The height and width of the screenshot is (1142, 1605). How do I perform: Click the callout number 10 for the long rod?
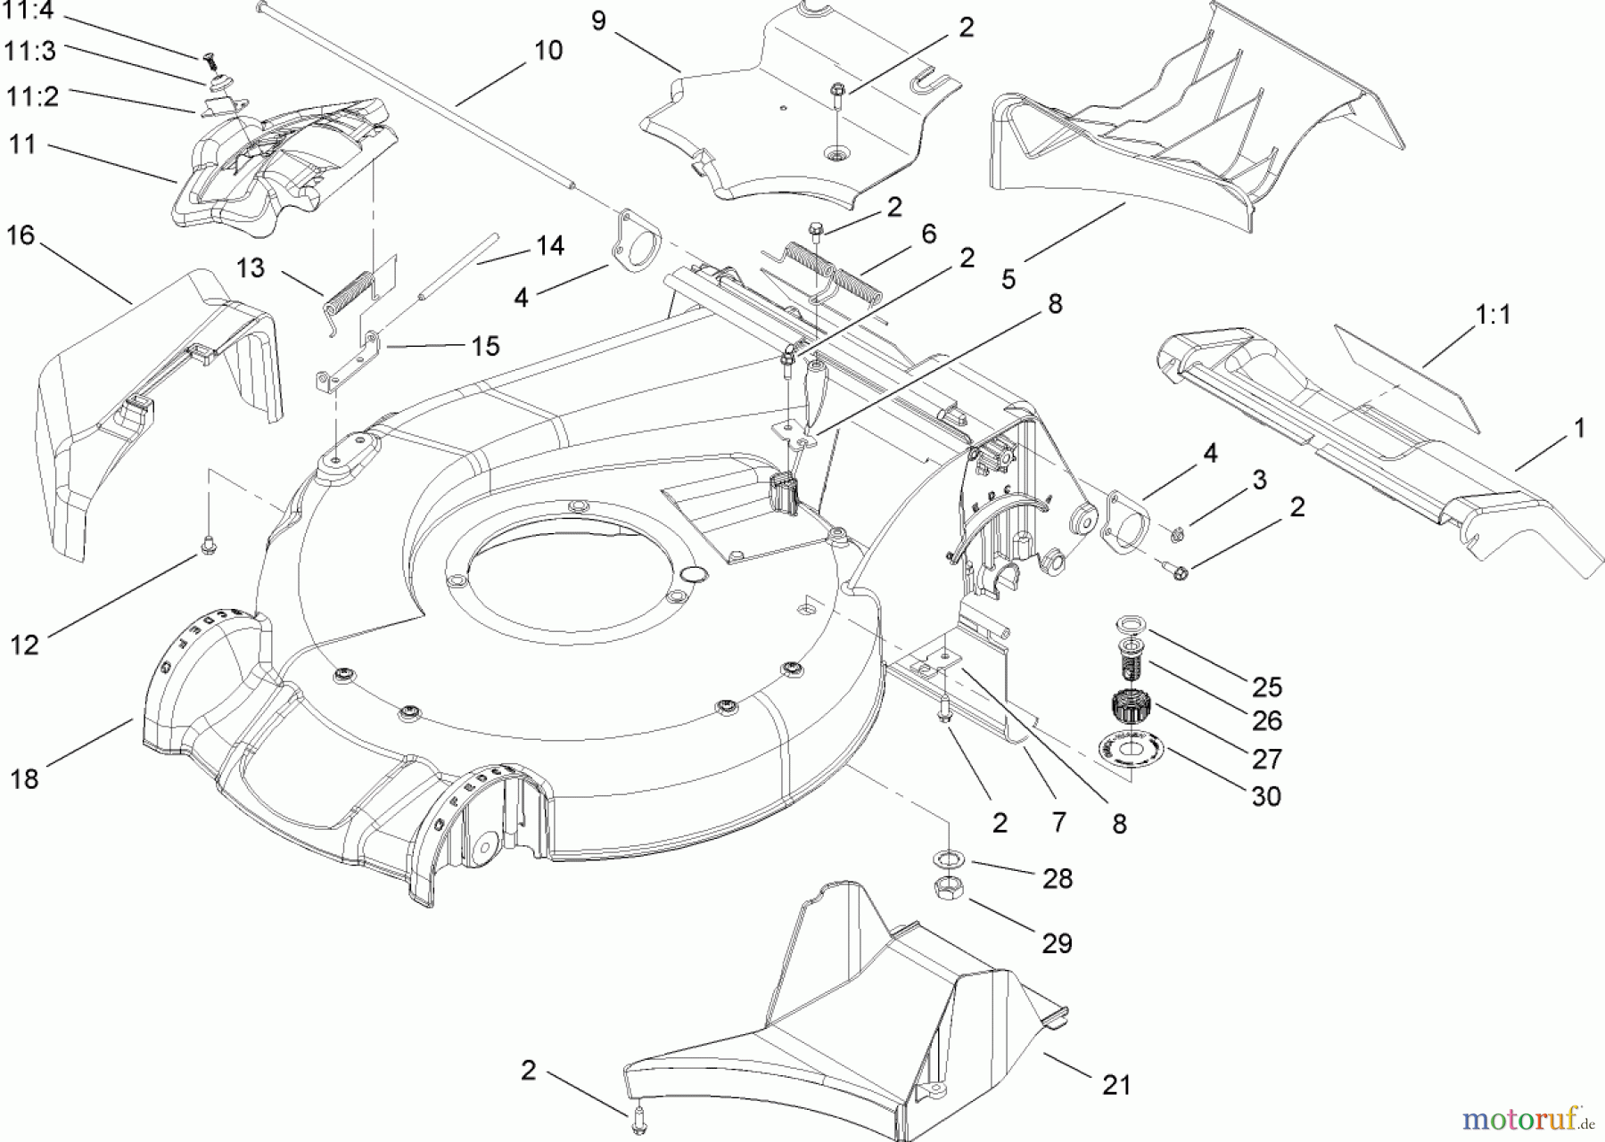click(548, 51)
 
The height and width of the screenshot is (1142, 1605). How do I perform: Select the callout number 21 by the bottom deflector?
click(1115, 1085)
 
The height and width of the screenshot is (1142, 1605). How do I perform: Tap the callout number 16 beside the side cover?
click(21, 236)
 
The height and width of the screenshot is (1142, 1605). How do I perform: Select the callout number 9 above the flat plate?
click(598, 21)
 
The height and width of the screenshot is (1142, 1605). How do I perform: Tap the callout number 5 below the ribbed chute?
click(1008, 279)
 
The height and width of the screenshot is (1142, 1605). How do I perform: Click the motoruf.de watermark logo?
click(1533, 1115)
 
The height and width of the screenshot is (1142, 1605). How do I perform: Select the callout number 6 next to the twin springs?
click(928, 234)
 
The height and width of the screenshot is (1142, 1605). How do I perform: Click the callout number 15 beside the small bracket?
click(485, 346)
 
